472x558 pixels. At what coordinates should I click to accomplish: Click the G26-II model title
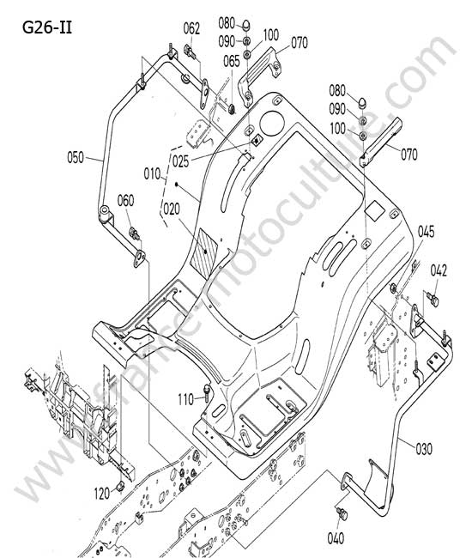tap(47, 27)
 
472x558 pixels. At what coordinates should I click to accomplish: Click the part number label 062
tap(191, 28)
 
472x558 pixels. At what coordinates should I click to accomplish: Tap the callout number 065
tap(232, 61)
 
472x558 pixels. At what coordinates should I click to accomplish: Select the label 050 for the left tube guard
tap(76, 157)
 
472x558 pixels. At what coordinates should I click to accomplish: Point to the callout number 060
tap(125, 200)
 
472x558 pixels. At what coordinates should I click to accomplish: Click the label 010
tap(152, 174)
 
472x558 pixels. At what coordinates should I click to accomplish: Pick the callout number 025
tap(181, 161)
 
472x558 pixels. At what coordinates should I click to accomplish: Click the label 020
tap(172, 209)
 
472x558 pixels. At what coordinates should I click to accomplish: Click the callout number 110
tap(185, 399)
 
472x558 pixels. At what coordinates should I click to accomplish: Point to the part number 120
tap(102, 494)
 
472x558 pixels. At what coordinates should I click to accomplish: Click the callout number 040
tap(336, 537)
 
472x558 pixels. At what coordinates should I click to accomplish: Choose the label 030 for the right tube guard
tap(424, 449)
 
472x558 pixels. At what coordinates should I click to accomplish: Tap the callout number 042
tap(439, 270)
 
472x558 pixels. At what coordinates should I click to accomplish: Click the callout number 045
tap(426, 232)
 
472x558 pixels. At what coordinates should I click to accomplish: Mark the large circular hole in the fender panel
tap(272, 124)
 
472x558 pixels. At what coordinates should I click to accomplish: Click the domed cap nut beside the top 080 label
tap(246, 26)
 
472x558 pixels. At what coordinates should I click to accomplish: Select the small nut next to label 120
tap(120, 485)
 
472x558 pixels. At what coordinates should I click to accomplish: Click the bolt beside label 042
tap(433, 299)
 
